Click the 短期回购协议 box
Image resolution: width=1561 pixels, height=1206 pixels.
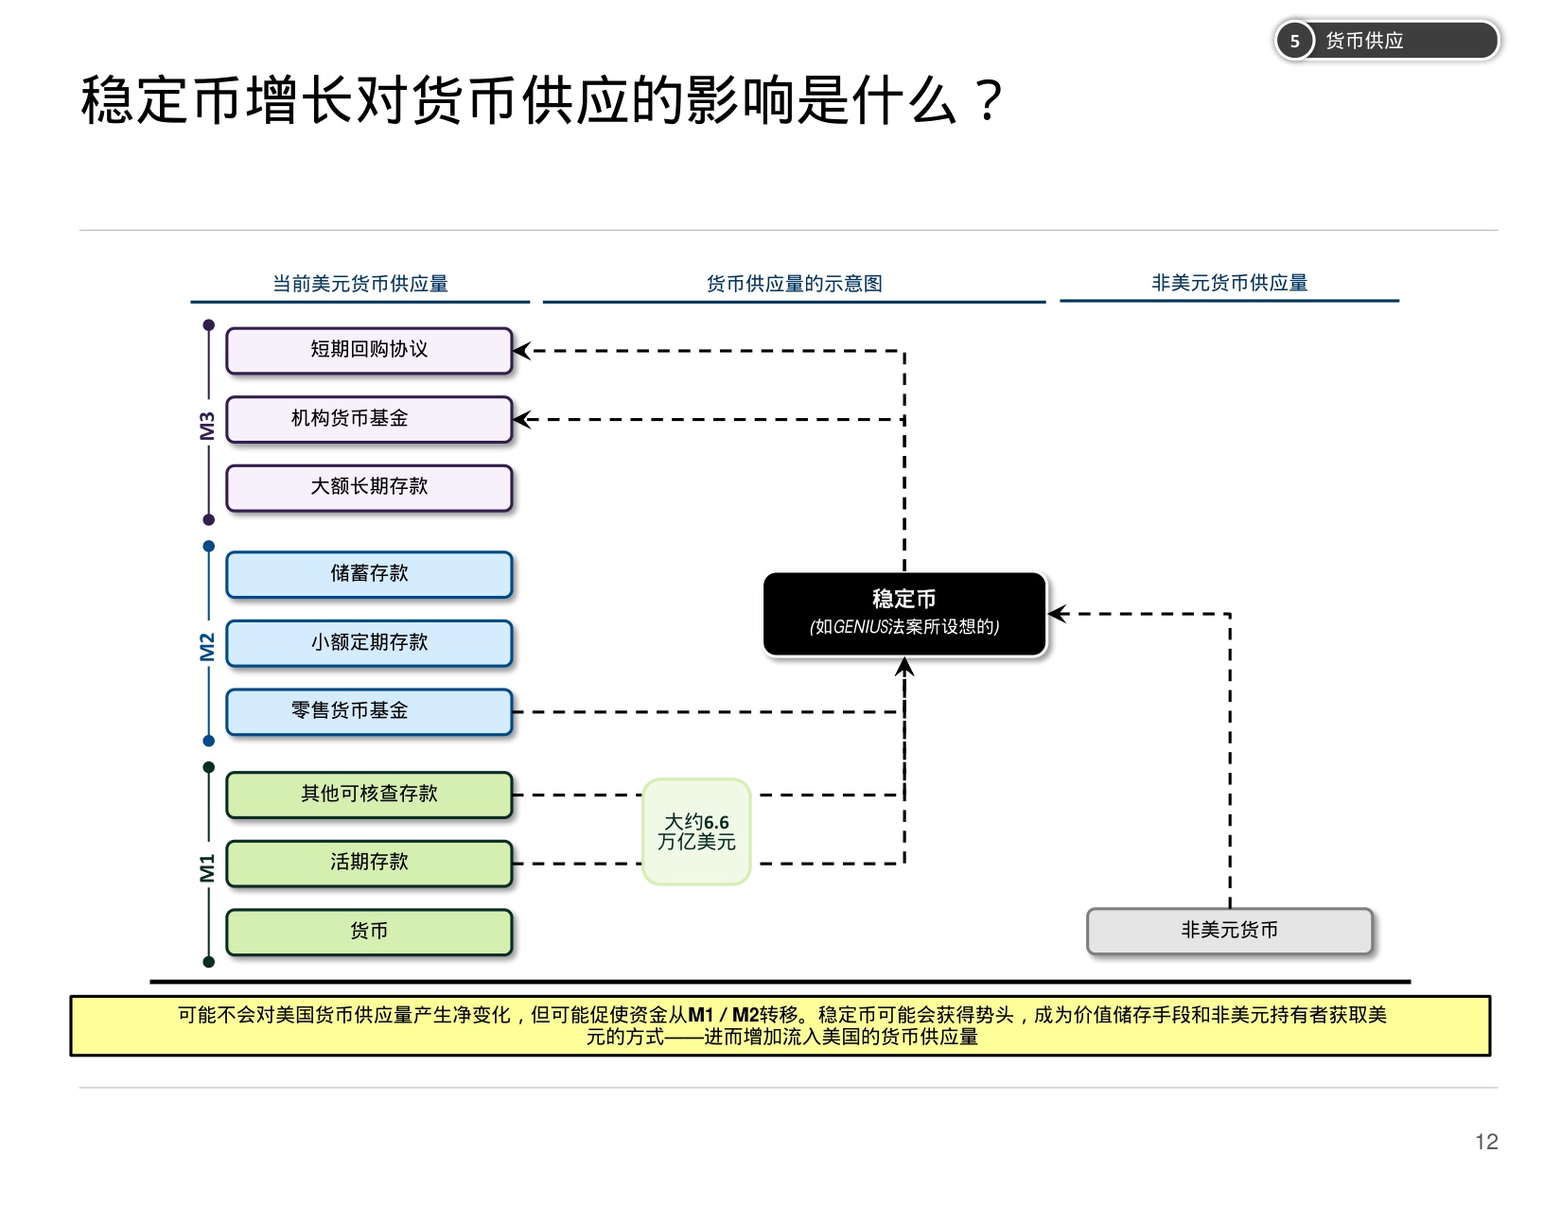pyautogui.click(x=369, y=350)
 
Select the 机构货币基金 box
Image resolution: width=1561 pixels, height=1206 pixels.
pyautogui.click(x=369, y=419)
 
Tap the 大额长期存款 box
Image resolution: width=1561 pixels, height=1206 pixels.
pyautogui.click(x=369, y=487)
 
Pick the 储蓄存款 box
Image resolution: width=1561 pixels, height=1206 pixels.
pyautogui.click(x=369, y=574)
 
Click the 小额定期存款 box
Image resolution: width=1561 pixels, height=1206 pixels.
pyautogui.click(x=369, y=643)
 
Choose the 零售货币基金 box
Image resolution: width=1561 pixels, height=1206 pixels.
pyautogui.click(x=369, y=711)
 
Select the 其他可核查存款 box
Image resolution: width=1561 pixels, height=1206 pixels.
pyautogui.click(x=369, y=795)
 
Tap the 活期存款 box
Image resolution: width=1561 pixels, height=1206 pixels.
pyautogui.click(x=369, y=863)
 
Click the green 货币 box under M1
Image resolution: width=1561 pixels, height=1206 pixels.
pyautogui.click(x=369, y=932)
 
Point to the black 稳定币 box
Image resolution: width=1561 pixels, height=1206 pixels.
pyautogui.click(x=904, y=613)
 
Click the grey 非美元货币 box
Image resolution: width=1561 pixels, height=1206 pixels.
pyautogui.click(x=1229, y=931)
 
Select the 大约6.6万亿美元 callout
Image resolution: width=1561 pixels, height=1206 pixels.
pyautogui.click(x=696, y=831)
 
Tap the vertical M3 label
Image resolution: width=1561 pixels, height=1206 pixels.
pyautogui.click(x=207, y=426)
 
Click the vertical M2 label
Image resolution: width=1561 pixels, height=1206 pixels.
pyautogui.click(x=207, y=647)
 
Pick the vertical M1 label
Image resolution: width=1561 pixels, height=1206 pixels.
pyautogui.click(x=207, y=867)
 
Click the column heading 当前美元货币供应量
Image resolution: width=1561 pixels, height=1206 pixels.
pyautogui.click(x=360, y=284)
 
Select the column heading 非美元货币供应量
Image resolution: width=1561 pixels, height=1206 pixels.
pyautogui.click(x=1229, y=283)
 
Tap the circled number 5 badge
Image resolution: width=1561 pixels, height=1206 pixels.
pyautogui.click(x=1294, y=41)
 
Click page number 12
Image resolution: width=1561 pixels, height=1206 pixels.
pyautogui.click(x=1485, y=1142)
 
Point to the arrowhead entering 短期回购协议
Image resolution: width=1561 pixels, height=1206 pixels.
pyautogui.click(x=521, y=351)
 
